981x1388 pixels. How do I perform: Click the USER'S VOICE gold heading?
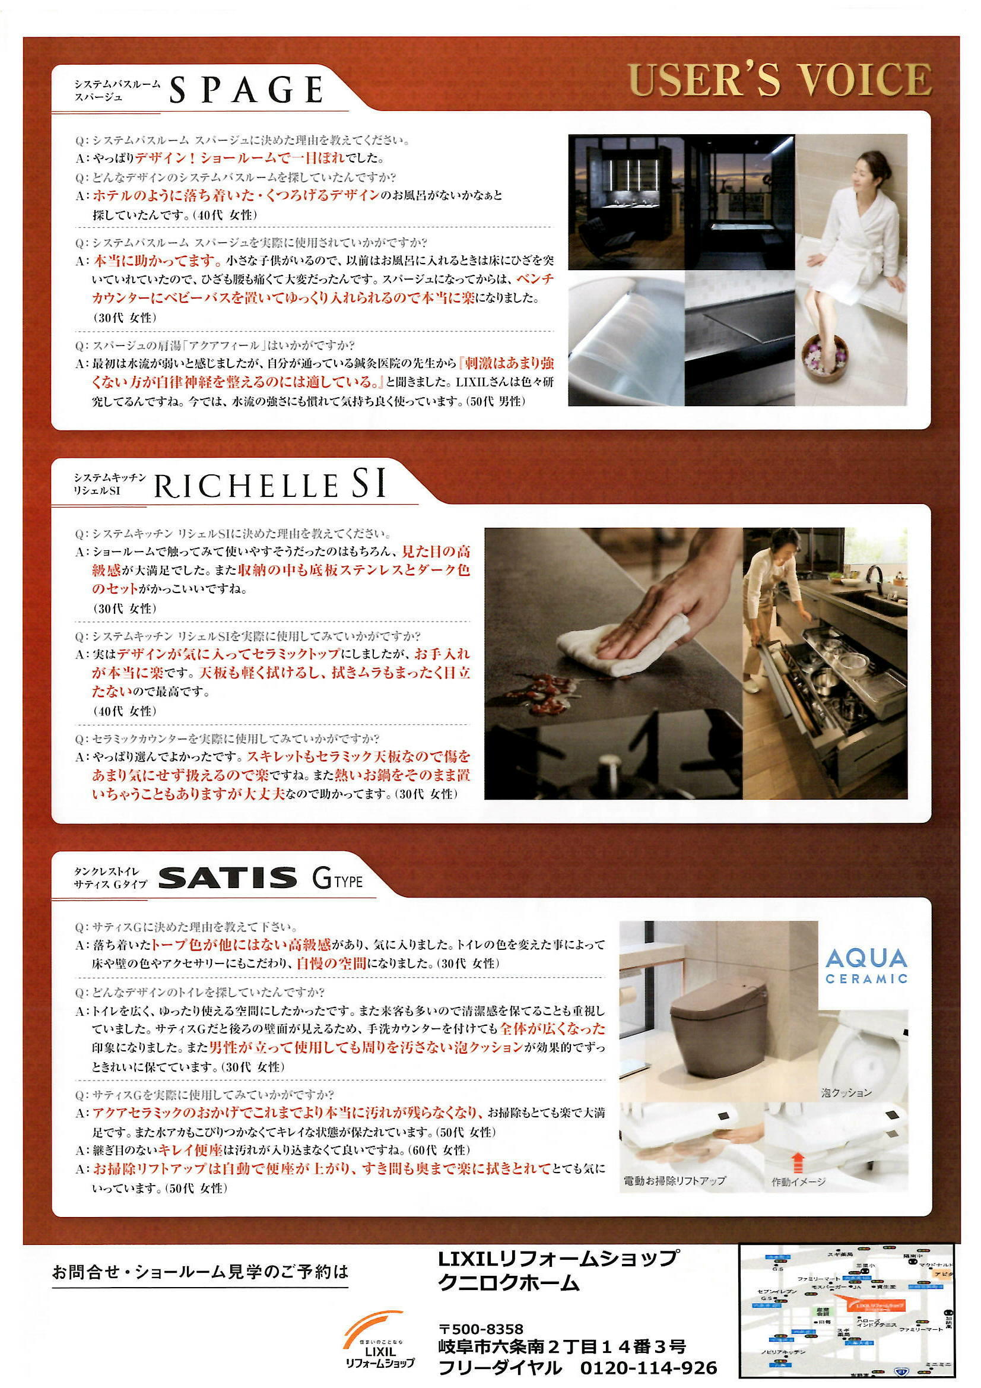click(x=780, y=80)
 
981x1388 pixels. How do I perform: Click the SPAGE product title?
click(x=246, y=91)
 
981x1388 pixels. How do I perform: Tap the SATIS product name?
click(x=228, y=879)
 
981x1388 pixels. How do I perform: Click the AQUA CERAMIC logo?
click(x=866, y=966)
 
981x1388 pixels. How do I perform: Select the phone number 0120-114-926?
click(x=648, y=1367)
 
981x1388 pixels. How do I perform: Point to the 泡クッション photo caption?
click(x=846, y=1092)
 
